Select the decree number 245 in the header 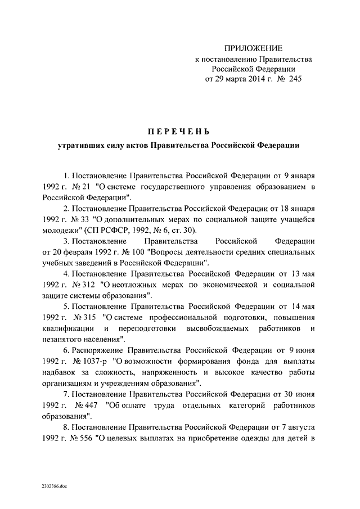pyautogui.click(x=294, y=79)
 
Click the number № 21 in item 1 pyautogui.click(x=76, y=187)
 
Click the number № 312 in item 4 pyautogui.click(x=77, y=283)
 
